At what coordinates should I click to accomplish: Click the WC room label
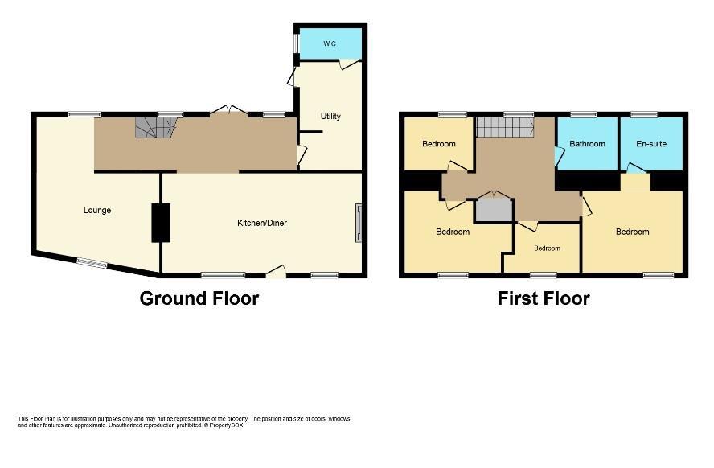click(x=330, y=43)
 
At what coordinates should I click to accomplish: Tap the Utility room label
click(x=330, y=117)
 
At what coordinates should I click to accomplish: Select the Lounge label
click(x=97, y=211)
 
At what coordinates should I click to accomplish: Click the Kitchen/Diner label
click(x=262, y=223)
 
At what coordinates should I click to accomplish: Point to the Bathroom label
click(x=588, y=144)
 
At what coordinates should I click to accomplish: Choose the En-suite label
click(x=651, y=144)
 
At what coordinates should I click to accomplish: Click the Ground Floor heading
click(x=199, y=298)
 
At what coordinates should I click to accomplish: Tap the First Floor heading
click(x=544, y=298)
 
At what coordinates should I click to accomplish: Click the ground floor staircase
click(x=156, y=128)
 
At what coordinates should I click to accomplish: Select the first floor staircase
click(x=505, y=127)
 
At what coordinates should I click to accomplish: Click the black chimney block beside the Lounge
click(x=161, y=223)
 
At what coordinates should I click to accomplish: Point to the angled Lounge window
click(x=92, y=264)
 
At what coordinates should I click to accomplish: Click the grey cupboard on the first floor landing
click(x=494, y=210)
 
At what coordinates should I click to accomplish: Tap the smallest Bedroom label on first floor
click(x=547, y=248)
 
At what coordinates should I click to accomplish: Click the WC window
click(x=296, y=43)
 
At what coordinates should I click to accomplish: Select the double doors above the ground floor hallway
click(x=229, y=109)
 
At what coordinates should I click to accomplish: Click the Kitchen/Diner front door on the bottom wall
click(x=276, y=271)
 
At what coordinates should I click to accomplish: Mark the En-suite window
click(x=644, y=115)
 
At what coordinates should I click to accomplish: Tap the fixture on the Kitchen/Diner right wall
click(x=359, y=223)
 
